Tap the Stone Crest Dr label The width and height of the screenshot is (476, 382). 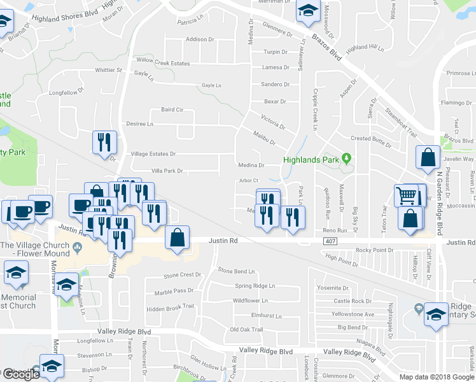[x=182, y=275]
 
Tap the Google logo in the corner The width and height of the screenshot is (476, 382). [x=20, y=374]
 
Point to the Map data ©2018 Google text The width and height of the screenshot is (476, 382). [x=437, y=377]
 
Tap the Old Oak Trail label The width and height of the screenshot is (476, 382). [x=246, y=329]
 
